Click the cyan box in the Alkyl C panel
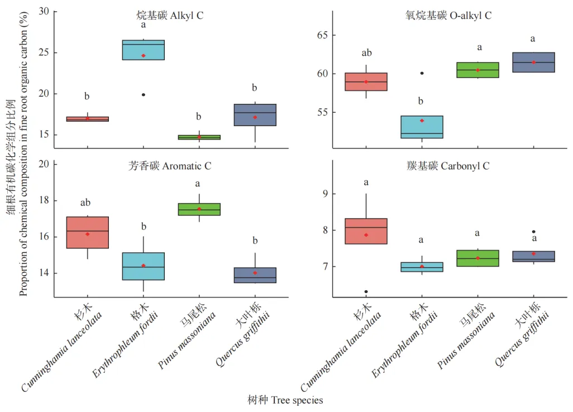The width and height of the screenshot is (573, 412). coord(144,50)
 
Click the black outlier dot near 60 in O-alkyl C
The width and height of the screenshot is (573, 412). coord(422,73)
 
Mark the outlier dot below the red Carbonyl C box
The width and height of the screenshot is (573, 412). coord(366,291)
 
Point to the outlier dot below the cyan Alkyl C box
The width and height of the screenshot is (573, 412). coord(144,95)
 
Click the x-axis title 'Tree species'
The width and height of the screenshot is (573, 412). coord(285,400)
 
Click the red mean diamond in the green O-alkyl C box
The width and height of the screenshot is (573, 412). coord(477,70)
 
